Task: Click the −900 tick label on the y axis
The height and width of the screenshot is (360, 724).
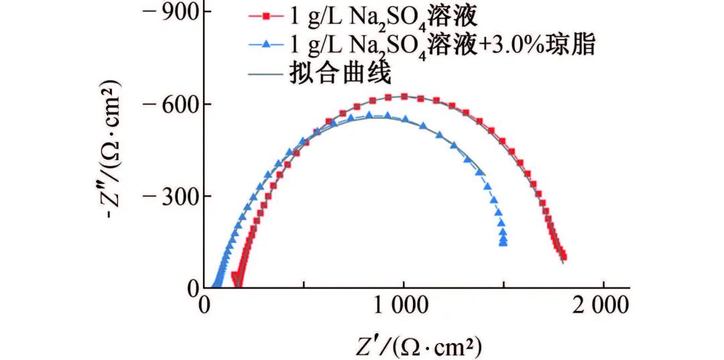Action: click(x=172, y=11)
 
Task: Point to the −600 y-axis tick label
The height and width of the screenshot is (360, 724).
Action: click(x=172, y=104)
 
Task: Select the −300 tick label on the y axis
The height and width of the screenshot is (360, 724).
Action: click(x=172, y=196)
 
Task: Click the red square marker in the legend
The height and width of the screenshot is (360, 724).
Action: click(x=267, y=15)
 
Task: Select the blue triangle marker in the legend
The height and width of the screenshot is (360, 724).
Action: click(x=267, y=44)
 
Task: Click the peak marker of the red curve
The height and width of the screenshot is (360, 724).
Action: click(x=404, y=97)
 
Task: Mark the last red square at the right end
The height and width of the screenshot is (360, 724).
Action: click(x=564, y=256)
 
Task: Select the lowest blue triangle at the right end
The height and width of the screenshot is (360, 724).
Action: click(x=503, y=243)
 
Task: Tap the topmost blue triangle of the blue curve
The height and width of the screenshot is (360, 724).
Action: click(x=369, y=115)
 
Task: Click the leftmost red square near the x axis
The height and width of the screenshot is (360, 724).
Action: click(x=234, y=275)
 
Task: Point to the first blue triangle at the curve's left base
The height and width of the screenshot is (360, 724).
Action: click(x=215, y=285)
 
